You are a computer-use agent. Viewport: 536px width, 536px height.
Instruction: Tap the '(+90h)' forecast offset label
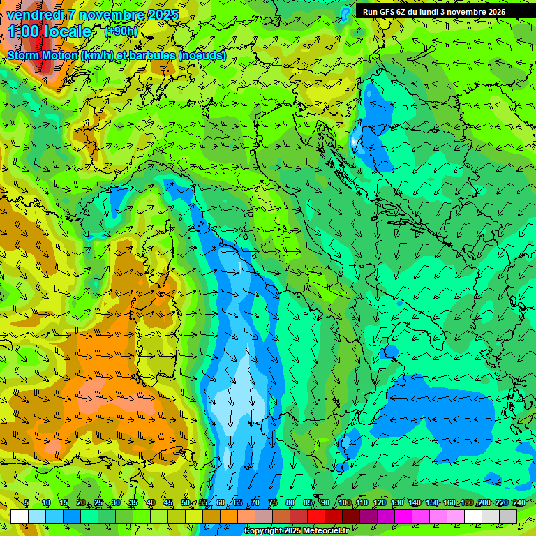[121, 31]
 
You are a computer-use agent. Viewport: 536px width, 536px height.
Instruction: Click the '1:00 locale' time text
[50, 31]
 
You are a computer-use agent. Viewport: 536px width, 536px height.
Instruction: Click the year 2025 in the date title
[161, 15]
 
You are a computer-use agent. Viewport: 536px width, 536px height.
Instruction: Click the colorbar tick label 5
[27, 503]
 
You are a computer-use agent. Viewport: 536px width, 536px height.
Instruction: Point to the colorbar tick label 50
[185, 503]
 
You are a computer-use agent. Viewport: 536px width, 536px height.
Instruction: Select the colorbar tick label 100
[344, 503]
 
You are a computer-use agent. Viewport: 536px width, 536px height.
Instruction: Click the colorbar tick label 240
[519, 503]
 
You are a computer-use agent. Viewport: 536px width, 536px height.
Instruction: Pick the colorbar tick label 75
[273, 503]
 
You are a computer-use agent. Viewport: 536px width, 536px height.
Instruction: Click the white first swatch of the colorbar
[19, 516]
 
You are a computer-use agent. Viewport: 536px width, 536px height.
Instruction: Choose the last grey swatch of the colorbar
[508, 516]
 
